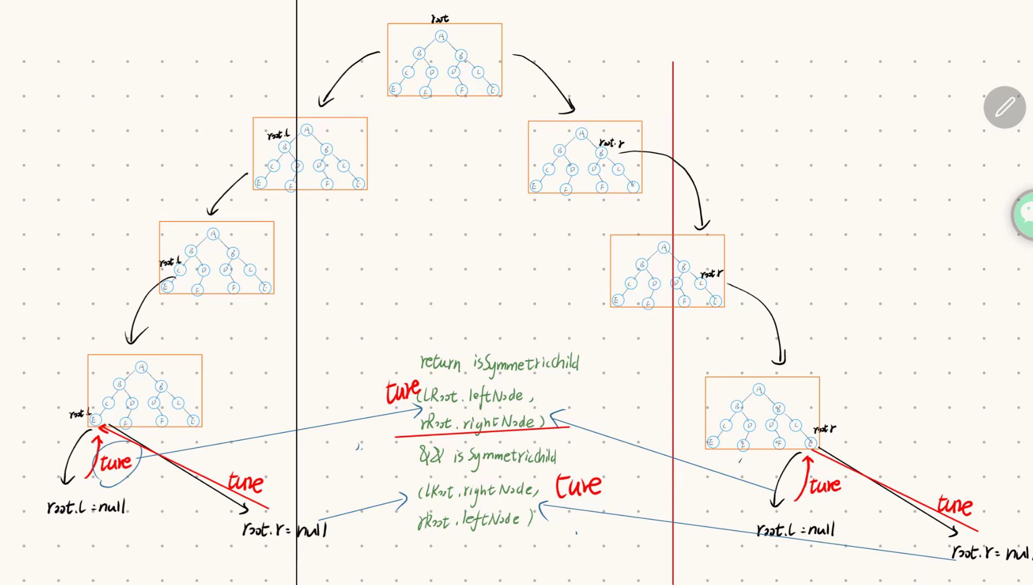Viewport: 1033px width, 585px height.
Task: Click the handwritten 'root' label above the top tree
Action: click(x=439, y=18)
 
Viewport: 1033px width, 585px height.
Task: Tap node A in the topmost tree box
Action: click(x=441, y=36)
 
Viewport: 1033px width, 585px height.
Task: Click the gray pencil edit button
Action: click(x=1004, y=107)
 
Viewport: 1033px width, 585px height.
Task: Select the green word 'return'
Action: click(x=440, y=362)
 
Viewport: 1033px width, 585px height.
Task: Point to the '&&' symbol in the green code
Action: click(x=431, y=456)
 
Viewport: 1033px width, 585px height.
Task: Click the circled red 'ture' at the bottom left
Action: click(x=116, y=462)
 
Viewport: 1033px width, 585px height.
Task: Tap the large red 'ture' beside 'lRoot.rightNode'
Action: click(x=578, y=485)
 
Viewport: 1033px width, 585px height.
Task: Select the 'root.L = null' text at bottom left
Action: click(x=87, y=508)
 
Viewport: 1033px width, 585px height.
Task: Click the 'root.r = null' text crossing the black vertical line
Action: click(x=285, y=529)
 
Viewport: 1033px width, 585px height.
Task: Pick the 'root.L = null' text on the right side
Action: click(x=795, y=529)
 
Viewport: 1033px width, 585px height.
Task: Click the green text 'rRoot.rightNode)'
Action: click(x=482, y=422)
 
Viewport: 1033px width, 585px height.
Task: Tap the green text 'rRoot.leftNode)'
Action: click(x=475, y=521)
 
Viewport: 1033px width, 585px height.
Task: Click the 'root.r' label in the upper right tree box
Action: click(x=611, y=142)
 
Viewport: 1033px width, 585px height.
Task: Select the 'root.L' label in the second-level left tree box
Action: click(x=278, y=134)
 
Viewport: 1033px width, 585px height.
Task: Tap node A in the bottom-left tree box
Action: click(x=141, y=367)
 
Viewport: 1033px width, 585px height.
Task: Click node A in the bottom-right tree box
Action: click(x=759, y=389)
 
